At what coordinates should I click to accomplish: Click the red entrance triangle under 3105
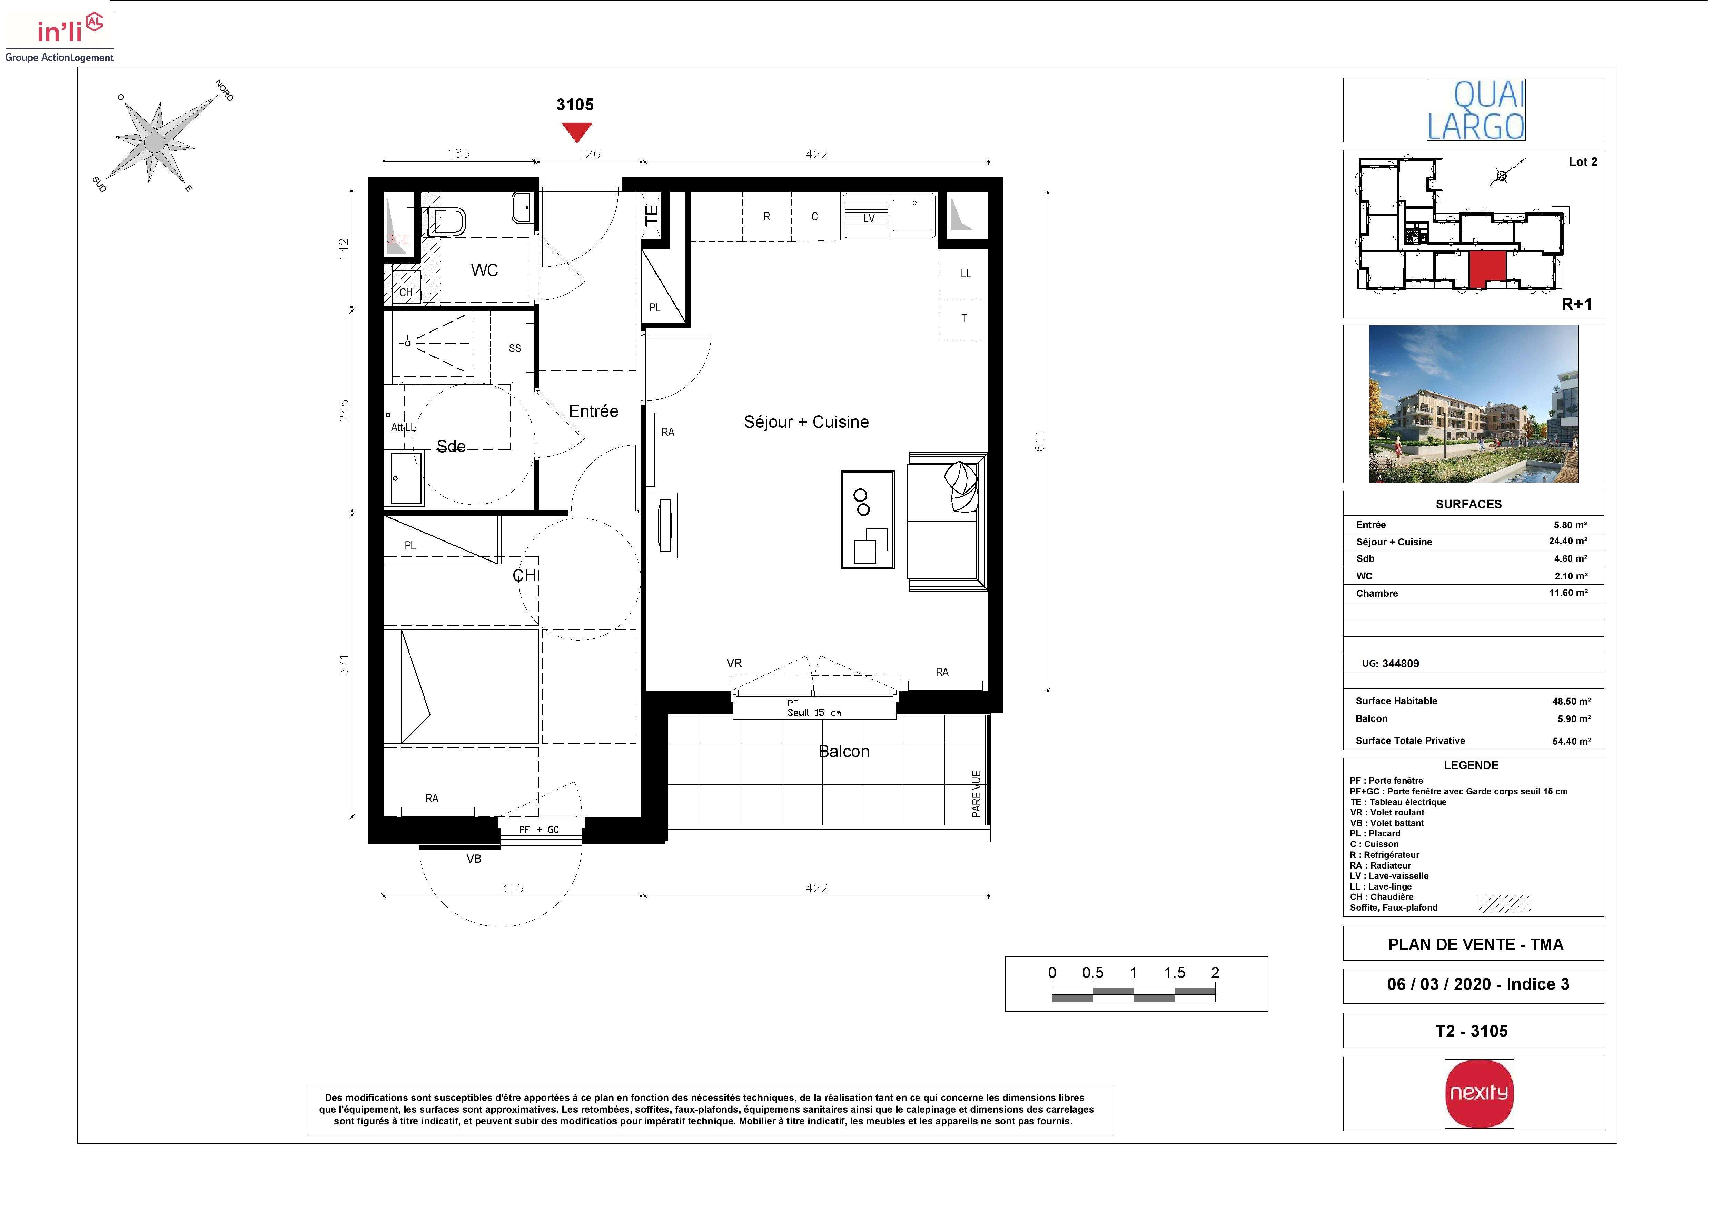click(576, 131)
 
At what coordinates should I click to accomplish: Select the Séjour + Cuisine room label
click(806, 422)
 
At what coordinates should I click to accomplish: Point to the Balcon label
click(843, 752)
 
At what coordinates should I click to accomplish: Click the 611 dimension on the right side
click(1039, 442)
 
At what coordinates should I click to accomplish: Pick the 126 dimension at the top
click(589, 153)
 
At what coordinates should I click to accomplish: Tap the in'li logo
click(60, 36)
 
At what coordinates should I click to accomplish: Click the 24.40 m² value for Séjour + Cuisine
click(1568, 541)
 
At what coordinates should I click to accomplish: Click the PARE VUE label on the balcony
click(976, 794)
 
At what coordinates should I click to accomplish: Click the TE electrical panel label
click(651, 216)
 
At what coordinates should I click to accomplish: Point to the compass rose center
click(154, 142)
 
